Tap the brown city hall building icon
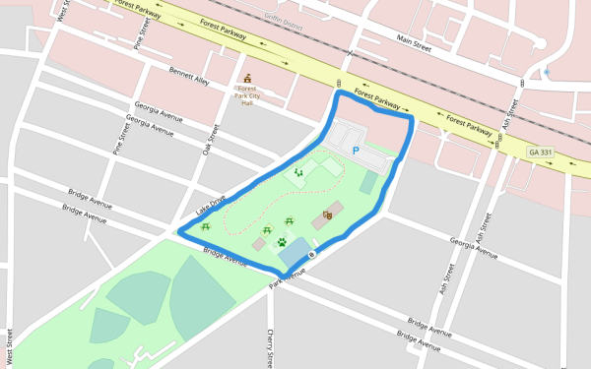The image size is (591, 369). pyautogui.click(x=247, y=79)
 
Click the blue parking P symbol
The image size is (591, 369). pyautogui.click(x=356, y=151)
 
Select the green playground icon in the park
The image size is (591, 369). pyautogui.click(x=298, y=172)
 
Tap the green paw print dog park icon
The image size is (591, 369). pyautogui.click(x=282, y=241)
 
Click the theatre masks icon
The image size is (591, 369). pyautogui.click(x=327, y=215)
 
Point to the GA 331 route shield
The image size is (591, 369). pyautogui.click(x=540, y=152)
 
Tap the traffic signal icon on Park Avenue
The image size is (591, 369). pyautogui.click(x=311, y=255)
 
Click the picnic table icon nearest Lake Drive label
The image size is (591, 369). pyautogui.click(x=206, y=226)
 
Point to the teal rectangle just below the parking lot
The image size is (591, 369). pyautogui.click(x=368, y=182)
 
